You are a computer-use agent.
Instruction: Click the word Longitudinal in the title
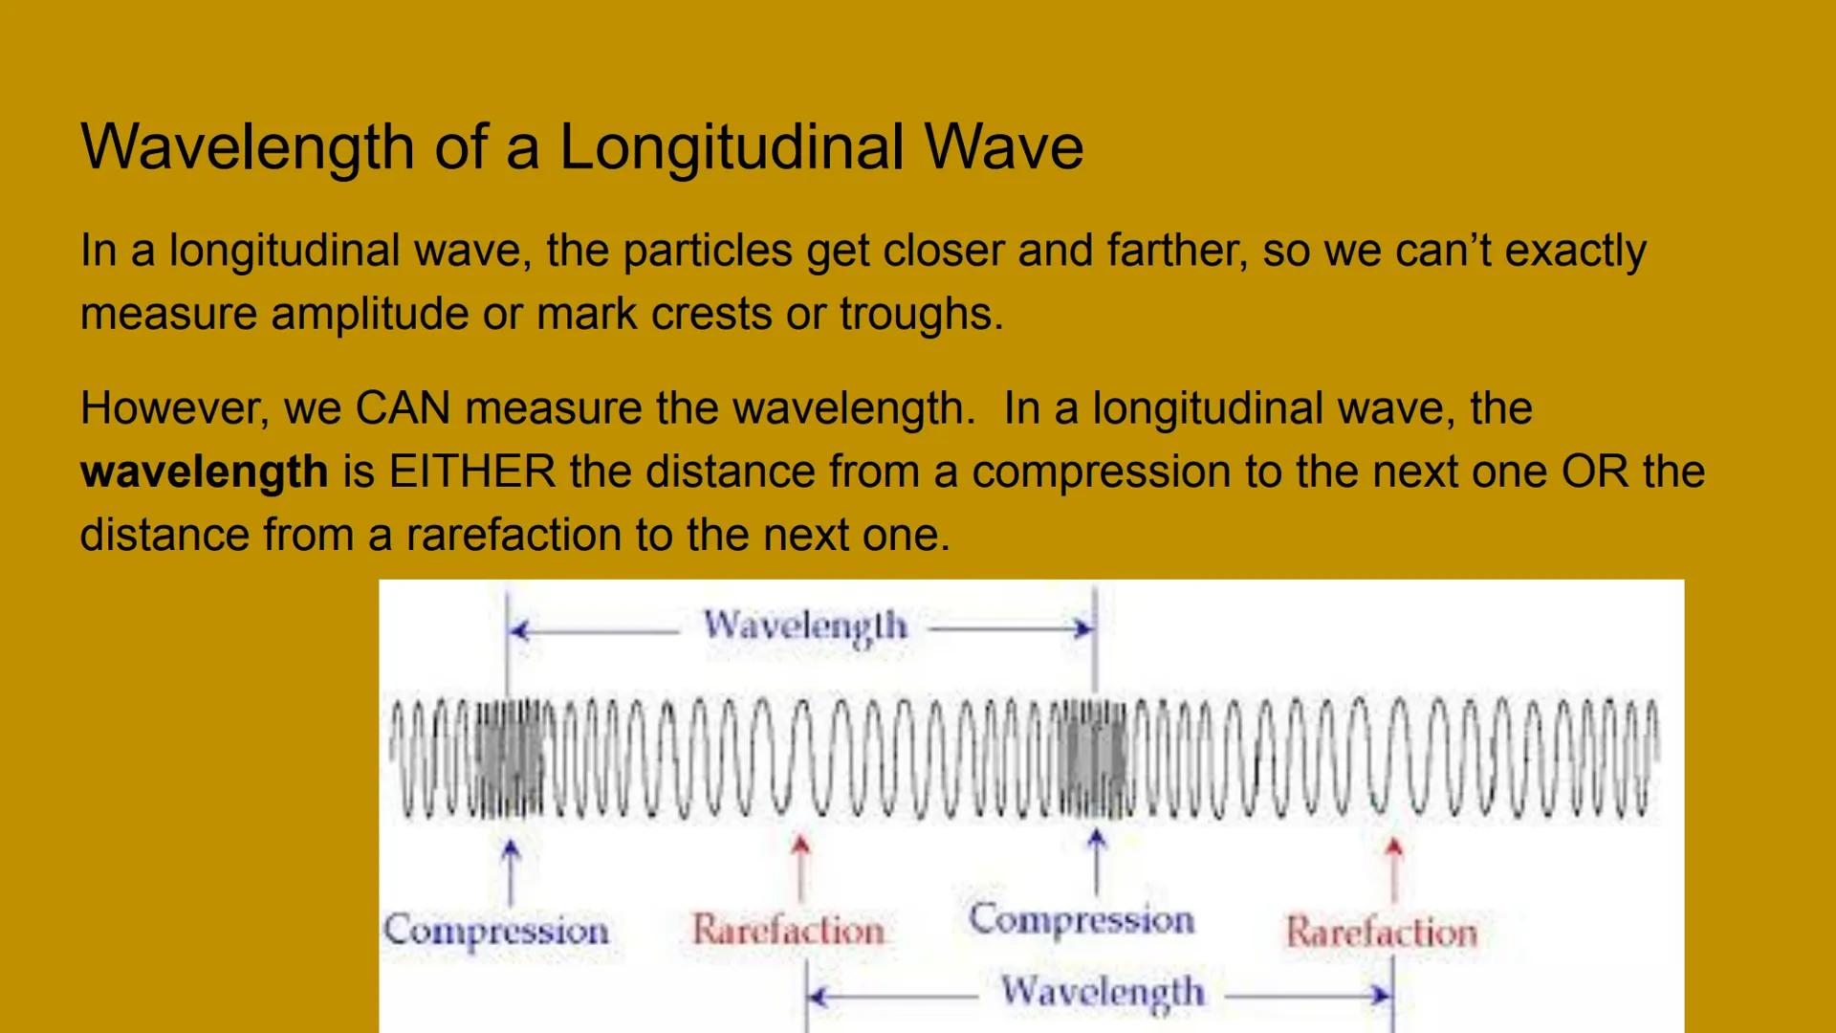pos(731,147)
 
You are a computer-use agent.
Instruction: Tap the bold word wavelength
pos(204,472)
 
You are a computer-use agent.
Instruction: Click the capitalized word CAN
pos(403,408)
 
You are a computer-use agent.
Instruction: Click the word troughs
pos(920,314)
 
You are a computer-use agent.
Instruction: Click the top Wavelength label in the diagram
pos(805,626)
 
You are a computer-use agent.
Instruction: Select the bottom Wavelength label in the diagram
pos(1103,992)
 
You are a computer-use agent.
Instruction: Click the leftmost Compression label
pos(495,931)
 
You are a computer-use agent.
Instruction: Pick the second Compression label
pos(1082,919)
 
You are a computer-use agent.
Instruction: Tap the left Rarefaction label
pos(788,930)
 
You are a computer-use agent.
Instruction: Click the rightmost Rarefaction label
pos(1381,932)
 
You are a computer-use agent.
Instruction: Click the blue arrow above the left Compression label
pos(512,871)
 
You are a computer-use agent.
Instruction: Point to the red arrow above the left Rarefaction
pos(801,867)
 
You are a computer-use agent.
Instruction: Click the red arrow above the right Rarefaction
pos(1394,868)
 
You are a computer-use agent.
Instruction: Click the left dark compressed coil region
pos(509,759)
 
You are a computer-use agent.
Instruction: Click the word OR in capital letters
pos(1594,472)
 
